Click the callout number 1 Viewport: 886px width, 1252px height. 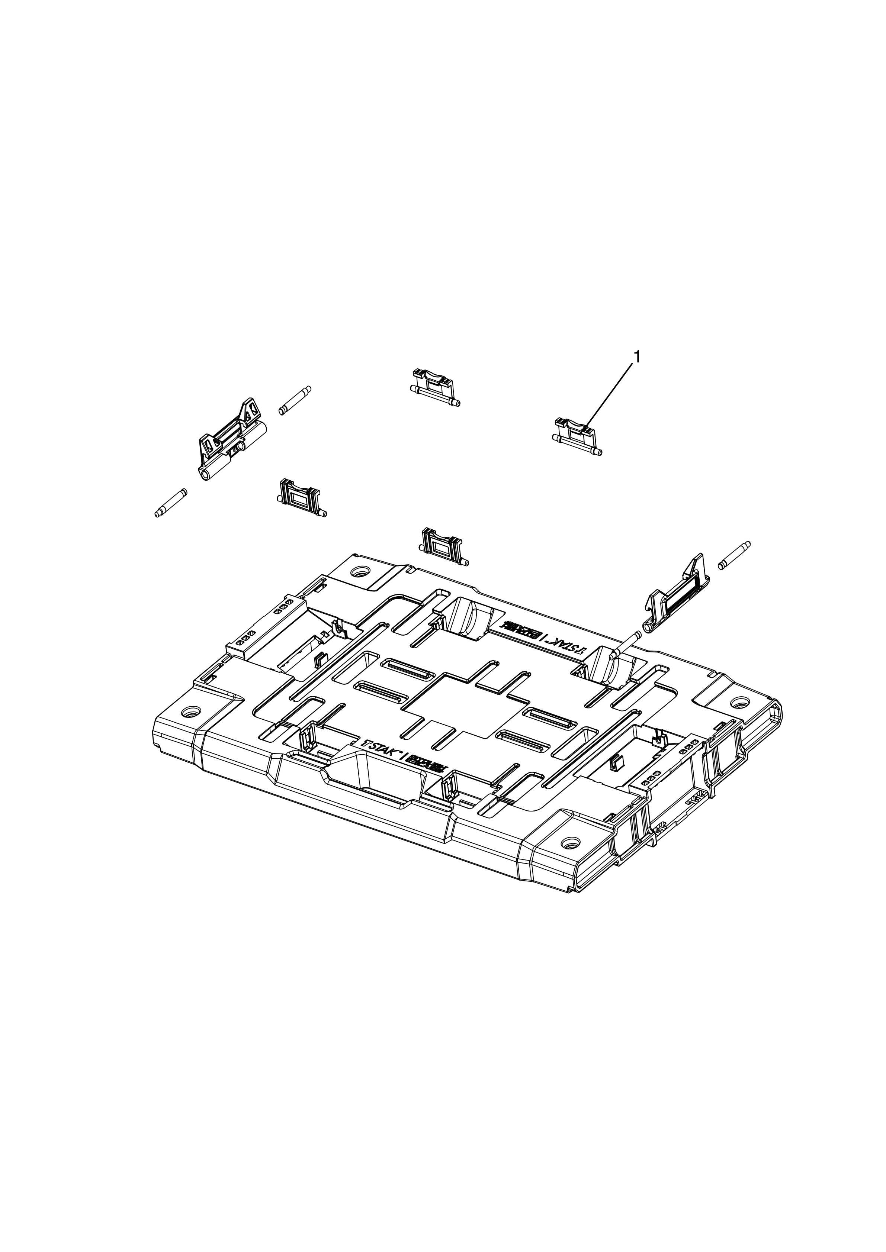tap(636, 357)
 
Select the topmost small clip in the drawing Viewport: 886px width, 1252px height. tap(434, 388)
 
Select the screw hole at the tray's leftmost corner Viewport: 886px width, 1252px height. tap(190, 712)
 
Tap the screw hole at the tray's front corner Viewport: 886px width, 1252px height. tap(570, 843)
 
